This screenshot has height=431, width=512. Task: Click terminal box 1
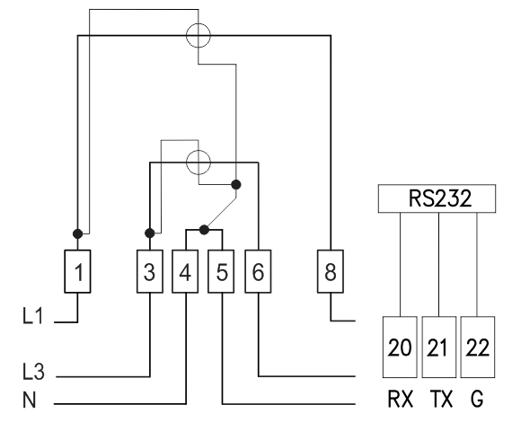click(78, 271)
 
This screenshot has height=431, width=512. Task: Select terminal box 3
click(150, 271)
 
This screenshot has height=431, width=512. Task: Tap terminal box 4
click(185, 271)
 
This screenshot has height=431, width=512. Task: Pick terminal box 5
click(221, 271)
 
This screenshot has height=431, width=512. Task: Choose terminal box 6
click(258, 271)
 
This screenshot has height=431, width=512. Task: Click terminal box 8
click(331, 271)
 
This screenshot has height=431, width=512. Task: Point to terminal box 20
click(400, 347)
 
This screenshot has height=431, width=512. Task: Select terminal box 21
click(439, 347)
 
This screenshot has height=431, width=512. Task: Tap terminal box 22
click(478, 347)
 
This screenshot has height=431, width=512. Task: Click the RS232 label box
click(437, 198)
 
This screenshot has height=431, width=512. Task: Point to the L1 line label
click(33, 316)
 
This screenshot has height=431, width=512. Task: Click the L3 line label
click(33, 372)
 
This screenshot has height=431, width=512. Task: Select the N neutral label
click(30, 400)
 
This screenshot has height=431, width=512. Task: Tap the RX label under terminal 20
click(401, 399)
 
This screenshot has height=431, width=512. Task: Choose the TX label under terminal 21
click(441, 399)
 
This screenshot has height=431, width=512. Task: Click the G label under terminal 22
click(477, 399)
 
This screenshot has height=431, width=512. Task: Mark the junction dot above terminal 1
click(78, 233)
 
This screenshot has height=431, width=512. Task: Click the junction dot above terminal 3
click(149, 233)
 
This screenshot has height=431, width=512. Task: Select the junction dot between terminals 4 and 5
click(204, 230)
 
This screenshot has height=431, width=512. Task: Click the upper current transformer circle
click(187, 35)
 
